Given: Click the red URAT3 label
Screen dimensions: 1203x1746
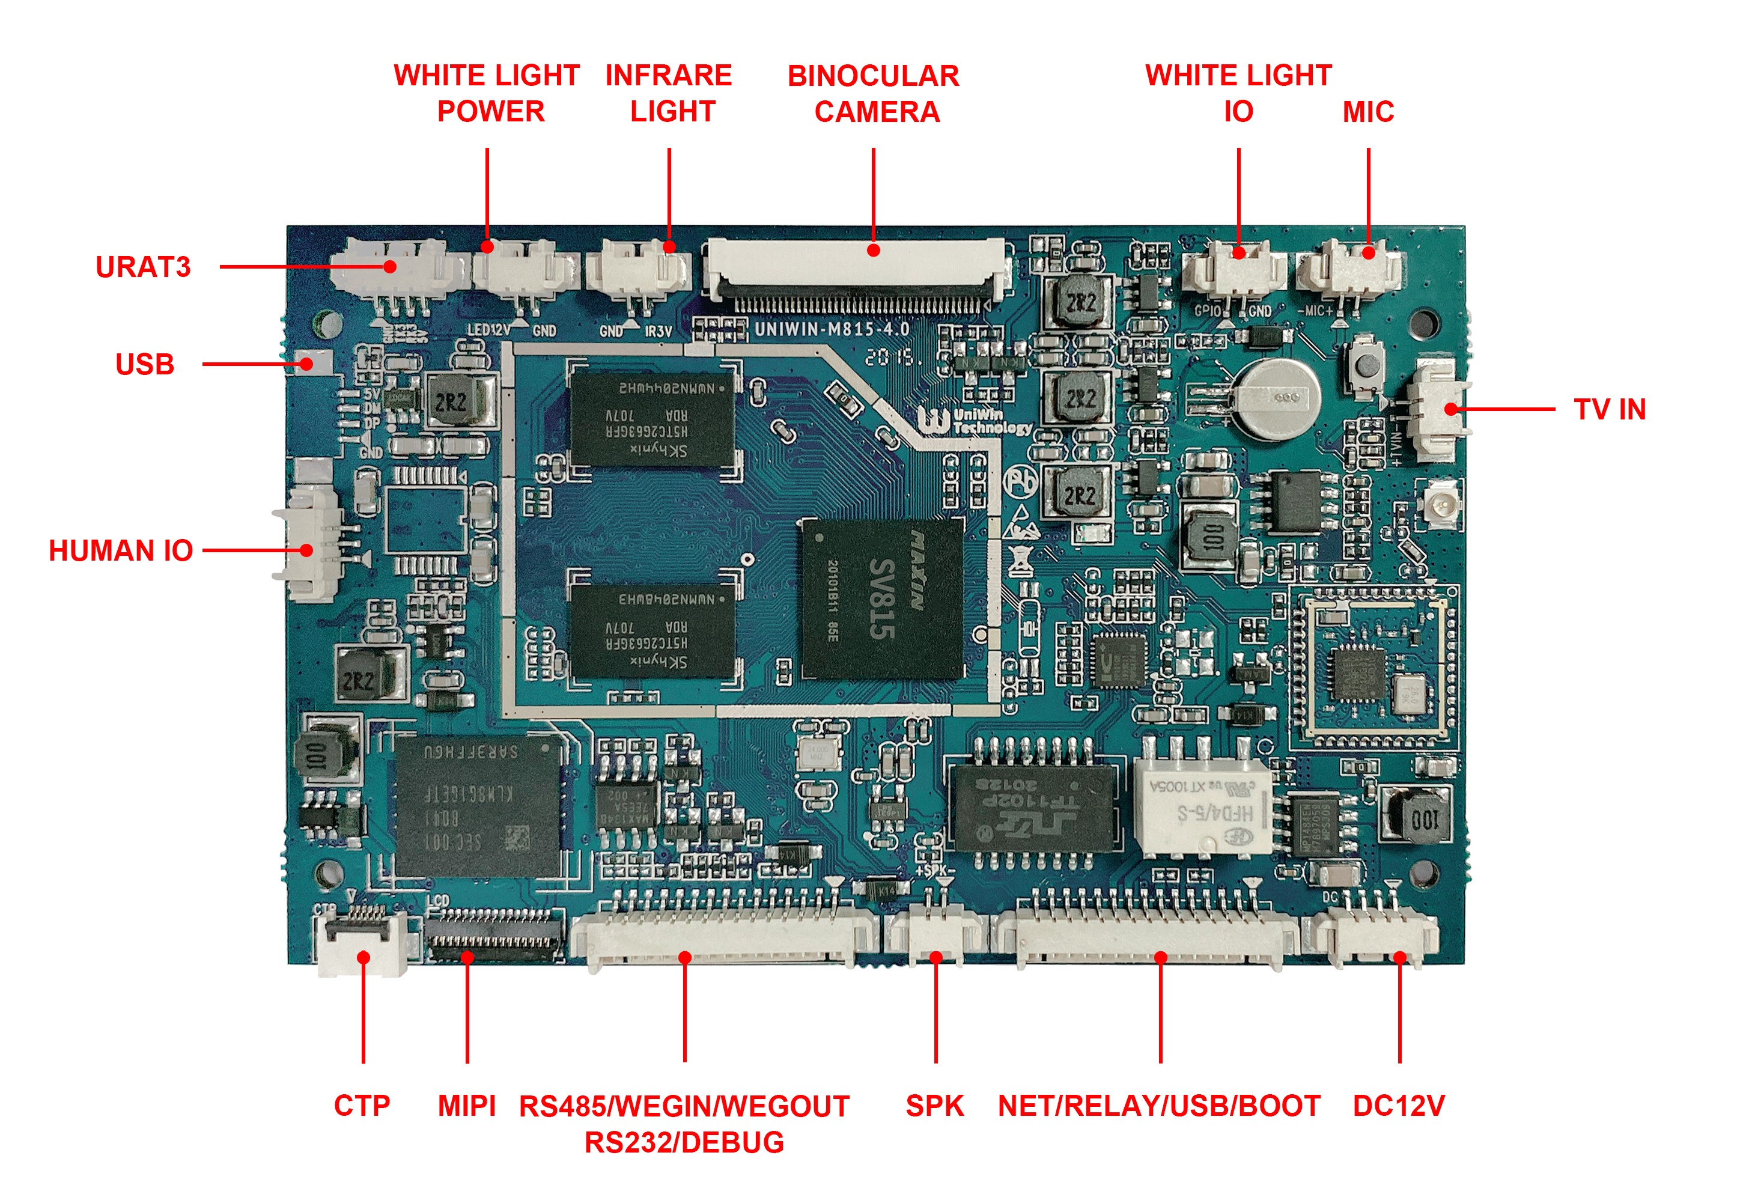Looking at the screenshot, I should (143, 267).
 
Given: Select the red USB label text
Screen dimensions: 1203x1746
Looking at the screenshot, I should (145, 365).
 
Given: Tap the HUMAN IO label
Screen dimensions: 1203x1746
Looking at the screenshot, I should (121, 551).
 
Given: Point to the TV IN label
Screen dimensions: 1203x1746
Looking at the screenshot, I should (1610, 410).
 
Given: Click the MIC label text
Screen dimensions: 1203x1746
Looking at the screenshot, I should (1367, 112).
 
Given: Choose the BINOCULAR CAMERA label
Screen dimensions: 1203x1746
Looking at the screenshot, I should (874, 94).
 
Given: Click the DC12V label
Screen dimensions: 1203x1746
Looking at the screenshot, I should (1399, 1106).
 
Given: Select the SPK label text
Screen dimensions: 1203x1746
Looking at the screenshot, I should (934, 1106).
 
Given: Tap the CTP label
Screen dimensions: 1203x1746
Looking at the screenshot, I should (362, 1106).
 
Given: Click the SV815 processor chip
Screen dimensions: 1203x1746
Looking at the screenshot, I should (881, 599).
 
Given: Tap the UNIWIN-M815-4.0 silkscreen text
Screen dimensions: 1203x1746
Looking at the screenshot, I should (832, 329).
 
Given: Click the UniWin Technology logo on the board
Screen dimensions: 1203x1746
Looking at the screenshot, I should (976, 421).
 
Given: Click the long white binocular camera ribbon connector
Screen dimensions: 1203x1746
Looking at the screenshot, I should (856, 267).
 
